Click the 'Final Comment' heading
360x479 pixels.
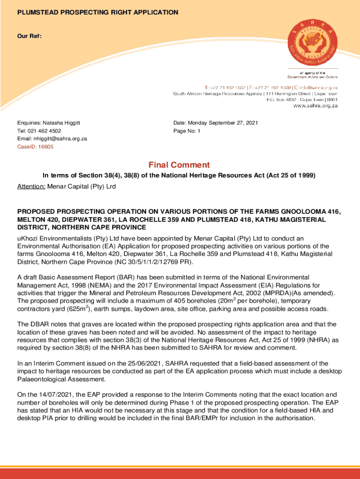(x=179, y=165)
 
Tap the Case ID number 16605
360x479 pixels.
(x=46, y=147)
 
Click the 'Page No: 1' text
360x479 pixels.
(x=187, y=131)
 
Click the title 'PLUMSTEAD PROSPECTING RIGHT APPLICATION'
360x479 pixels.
(x=98, y=13)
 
